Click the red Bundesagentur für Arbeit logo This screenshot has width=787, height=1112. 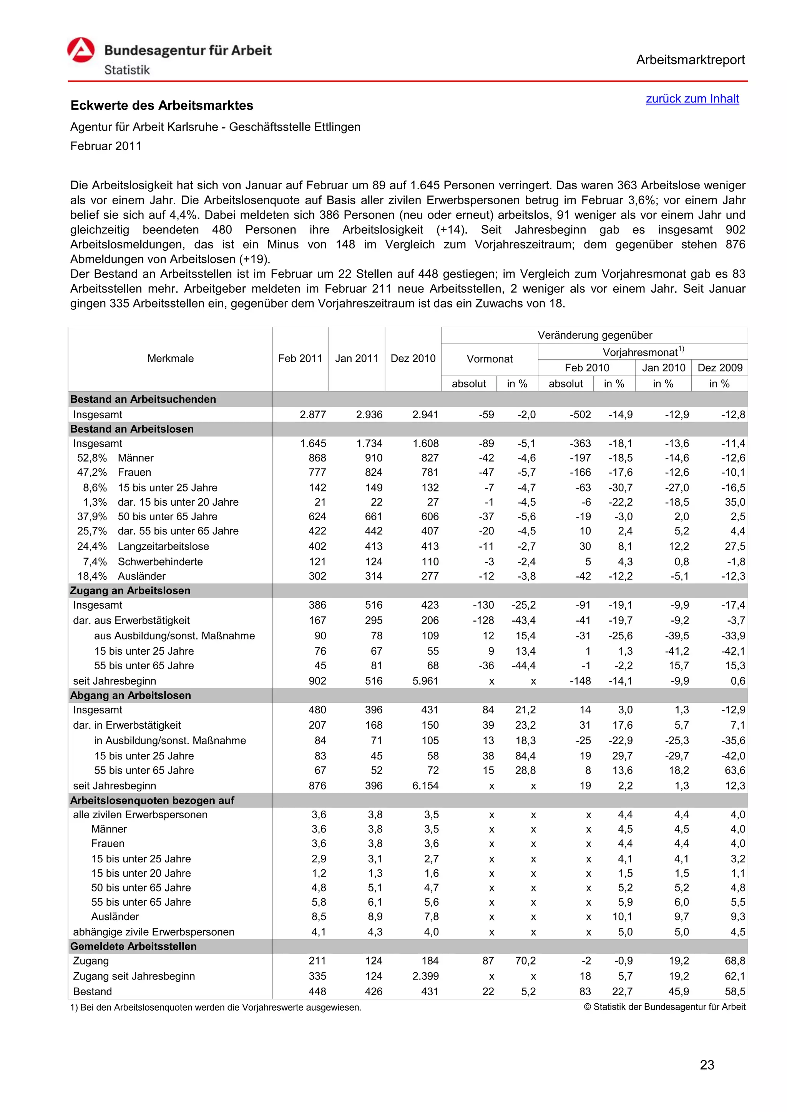81,50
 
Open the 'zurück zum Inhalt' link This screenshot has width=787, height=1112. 692,99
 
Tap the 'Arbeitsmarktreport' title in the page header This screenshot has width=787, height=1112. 690,60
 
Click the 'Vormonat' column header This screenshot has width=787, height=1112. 490,359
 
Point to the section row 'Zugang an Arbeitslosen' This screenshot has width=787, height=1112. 130,591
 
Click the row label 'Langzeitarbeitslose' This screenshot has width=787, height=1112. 163,546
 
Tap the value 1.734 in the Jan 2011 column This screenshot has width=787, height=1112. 369,443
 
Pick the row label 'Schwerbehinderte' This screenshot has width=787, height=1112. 160,562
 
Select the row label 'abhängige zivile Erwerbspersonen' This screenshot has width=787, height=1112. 154,932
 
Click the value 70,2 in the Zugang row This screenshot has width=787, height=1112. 525,961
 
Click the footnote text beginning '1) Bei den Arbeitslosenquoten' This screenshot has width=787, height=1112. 216,1008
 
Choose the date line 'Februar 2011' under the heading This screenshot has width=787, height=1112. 106,146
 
